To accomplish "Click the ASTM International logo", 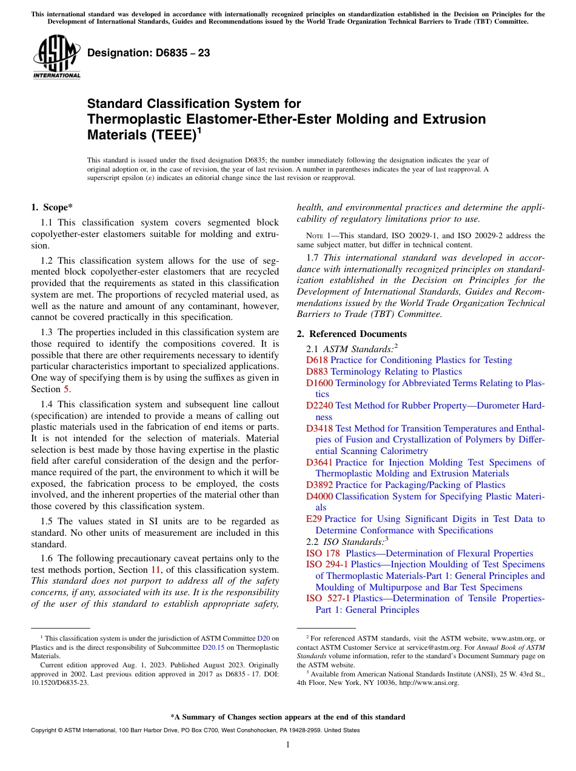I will pyautogui.click(x=56, y=58).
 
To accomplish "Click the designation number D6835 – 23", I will pyautogui.click(x=149, y=53).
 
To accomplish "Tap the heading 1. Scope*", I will pyautogui.click(x=52, y=207).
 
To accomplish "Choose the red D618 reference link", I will pyautogui.click(x=317, y=360).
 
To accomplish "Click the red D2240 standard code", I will pyautogui.click(x=320, y=406).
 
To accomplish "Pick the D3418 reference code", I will pyautogui.click(x=320, y=429).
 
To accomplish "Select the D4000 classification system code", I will pyautogui.click(x=320, y=496).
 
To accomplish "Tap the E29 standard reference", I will pyautogui.click(x=314, y=519).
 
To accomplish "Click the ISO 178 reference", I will pyautogui.click(x=323, y=553).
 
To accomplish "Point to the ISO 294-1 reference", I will pyautogui.click(x=327, y=564).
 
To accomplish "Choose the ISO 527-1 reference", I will pyautogui.click(x=327, y=598).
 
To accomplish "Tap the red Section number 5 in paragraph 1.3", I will pyautogui.click(x=67, y=389).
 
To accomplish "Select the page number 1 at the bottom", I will pyautogui.click(x=288, y=745).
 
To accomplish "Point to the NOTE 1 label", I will pyautogui.click(x=316, y=236).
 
